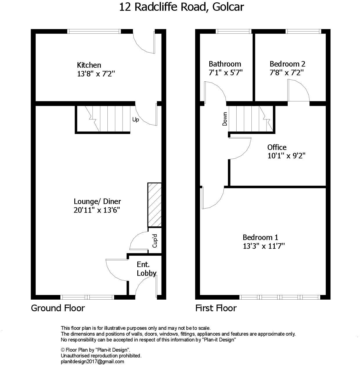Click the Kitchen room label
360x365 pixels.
[89, 65]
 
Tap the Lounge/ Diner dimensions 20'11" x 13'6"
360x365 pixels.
[97, 210]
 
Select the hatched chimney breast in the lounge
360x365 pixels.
[154, 205]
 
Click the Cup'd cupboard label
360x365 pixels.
[155, 241]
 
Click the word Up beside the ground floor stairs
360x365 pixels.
[136, 119]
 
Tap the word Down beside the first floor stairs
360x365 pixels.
[225, 119]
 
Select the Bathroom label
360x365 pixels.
[225, 64]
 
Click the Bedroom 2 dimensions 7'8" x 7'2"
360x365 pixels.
[287, 72]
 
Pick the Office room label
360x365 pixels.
[277, 147]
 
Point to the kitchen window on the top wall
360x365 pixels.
[94, 31]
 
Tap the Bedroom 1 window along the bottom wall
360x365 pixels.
[280, 297]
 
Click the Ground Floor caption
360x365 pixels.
[58, 308]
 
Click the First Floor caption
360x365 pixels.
[216, 308]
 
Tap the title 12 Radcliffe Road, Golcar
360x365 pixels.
[181, 7]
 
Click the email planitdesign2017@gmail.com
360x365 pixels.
[92, 362]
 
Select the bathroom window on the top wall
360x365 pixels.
[233, 31]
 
